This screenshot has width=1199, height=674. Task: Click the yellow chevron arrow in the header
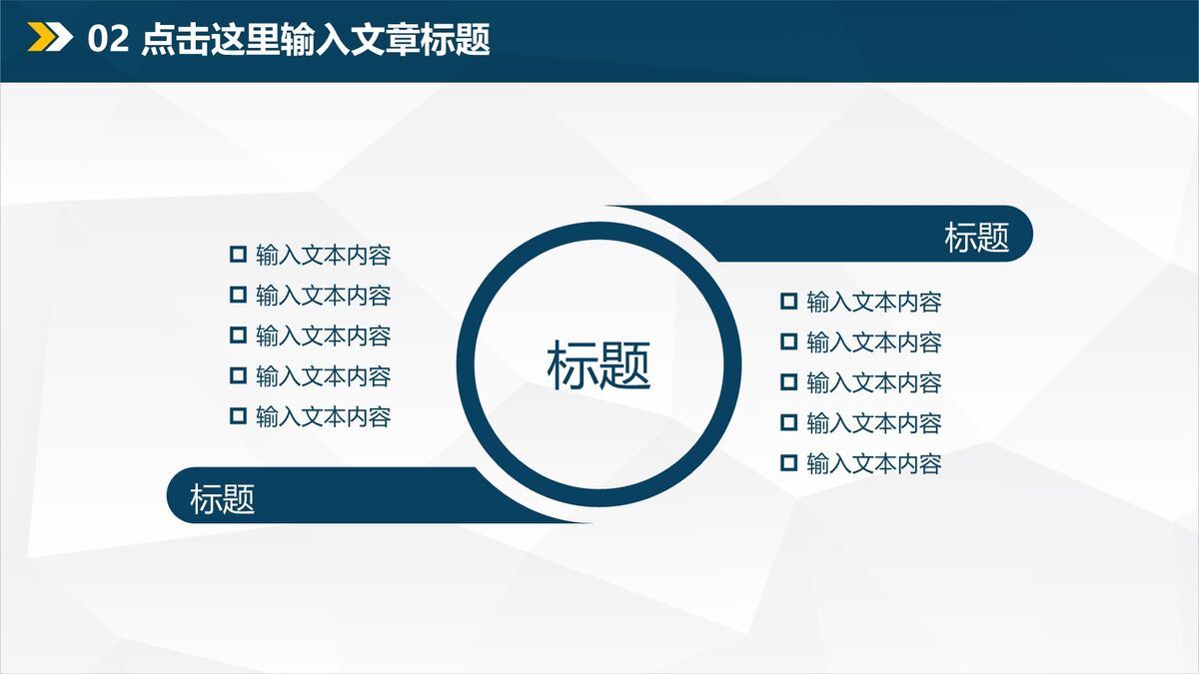tap(38, 38)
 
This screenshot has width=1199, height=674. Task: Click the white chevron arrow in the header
tap(60, 38)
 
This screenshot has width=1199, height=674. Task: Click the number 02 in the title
tap(108, 40)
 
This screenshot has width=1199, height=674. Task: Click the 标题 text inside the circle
tap(599, 364)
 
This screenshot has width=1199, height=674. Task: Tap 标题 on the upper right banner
tap(976, 238)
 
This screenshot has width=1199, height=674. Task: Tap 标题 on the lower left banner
tap(223, 497)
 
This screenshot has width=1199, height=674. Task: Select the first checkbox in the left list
tap(238, 254)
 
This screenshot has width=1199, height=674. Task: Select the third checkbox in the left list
tap(238, 335)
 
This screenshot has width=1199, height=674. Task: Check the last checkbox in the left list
tap(238, 415)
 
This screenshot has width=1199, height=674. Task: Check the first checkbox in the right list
tap(789, 301)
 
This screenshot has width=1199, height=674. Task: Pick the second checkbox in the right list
tap(789, 341)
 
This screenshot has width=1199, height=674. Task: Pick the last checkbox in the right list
tap(789, 462)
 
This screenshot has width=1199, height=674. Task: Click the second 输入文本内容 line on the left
tap(323, 296)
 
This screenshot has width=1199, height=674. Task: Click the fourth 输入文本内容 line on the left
tap(323, 376)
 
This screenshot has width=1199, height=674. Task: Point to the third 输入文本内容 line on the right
tap(873, 382)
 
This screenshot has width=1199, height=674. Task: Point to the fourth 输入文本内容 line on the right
tap(873, 423)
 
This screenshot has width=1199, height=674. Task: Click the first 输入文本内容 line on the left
tap(323, 255)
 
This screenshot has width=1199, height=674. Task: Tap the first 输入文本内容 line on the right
tap(873, 302)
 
